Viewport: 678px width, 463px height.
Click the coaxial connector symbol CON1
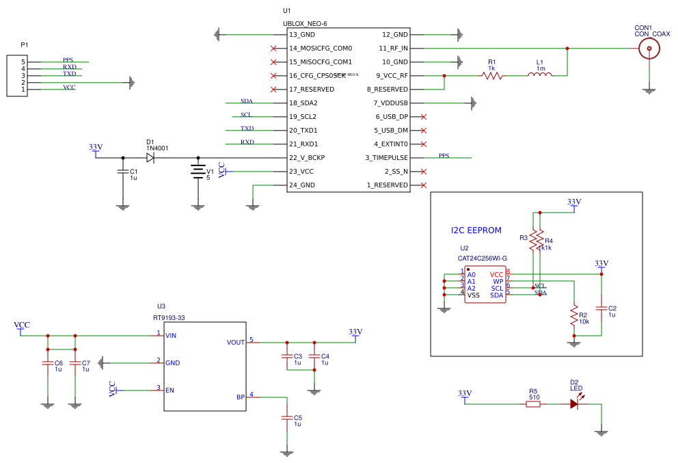[x=649, y=49]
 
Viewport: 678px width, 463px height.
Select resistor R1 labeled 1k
[x=492, y=75]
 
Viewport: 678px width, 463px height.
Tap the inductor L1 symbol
[x=540, y=75]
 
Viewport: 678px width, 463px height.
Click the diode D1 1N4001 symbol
[x=150, y=157]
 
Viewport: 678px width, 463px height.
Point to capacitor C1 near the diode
[x=122, y=172]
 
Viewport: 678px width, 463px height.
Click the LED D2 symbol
[x=574, y=404]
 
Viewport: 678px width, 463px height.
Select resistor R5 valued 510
[x=533, y=404]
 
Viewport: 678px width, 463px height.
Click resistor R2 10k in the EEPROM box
[x=574, y=315]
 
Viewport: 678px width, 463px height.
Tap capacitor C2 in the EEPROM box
[x=601, y=308]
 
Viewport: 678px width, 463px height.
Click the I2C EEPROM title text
[x=476, y=230]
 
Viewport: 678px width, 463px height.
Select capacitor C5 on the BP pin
[x=287, y=418]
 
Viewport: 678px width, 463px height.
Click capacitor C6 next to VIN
[x=47, y=363]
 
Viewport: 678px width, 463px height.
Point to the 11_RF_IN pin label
[x=393, y=48]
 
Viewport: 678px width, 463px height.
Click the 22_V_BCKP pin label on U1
[x=307, y=157]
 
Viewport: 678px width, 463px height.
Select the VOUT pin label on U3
[x=235, y=342]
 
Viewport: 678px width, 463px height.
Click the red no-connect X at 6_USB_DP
[x=424, y=116]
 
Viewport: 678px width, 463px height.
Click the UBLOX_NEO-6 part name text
[x=305, y=23]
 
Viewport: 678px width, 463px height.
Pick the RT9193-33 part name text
[x=169, y=318]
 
